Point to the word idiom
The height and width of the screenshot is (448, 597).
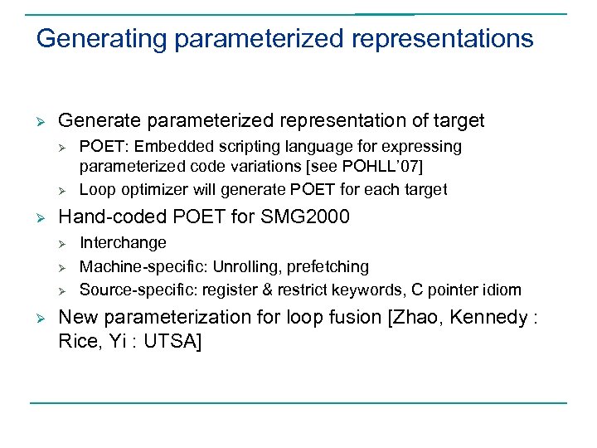click(502, 290)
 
